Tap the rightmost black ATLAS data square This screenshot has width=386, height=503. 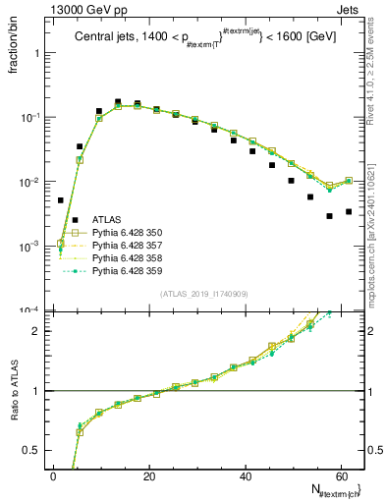coord(349,211)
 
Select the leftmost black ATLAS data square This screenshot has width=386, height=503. coord(61,199)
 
